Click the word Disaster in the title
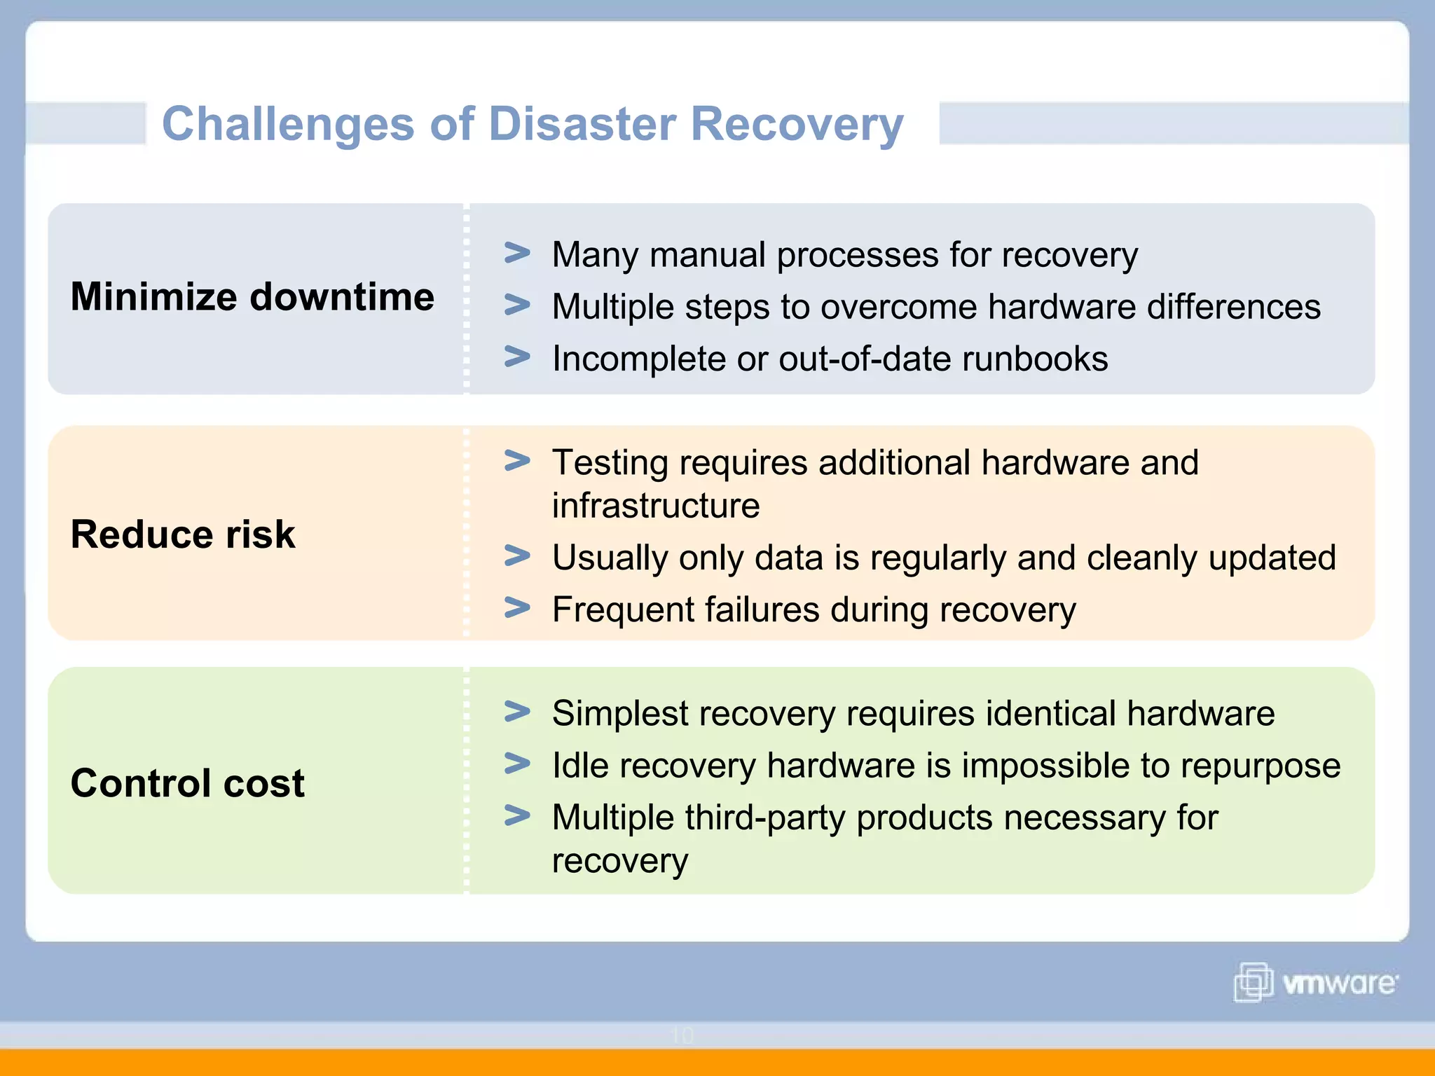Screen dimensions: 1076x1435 pos(582,124)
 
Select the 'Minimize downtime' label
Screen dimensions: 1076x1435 pos(252,296)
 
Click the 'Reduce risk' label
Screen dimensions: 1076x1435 pos(183,534)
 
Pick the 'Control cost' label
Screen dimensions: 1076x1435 pos(188,783)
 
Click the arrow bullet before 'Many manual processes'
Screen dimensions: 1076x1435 pos(517,253)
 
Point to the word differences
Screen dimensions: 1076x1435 pos(1233,307)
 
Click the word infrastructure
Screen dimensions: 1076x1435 pos(655,506)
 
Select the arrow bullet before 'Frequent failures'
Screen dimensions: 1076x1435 pos(517,607)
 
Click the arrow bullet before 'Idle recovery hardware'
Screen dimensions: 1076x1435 pos(517,764)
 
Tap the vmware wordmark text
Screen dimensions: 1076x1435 pos(1339,984)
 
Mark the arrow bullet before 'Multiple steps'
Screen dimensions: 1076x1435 pos(517,305)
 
